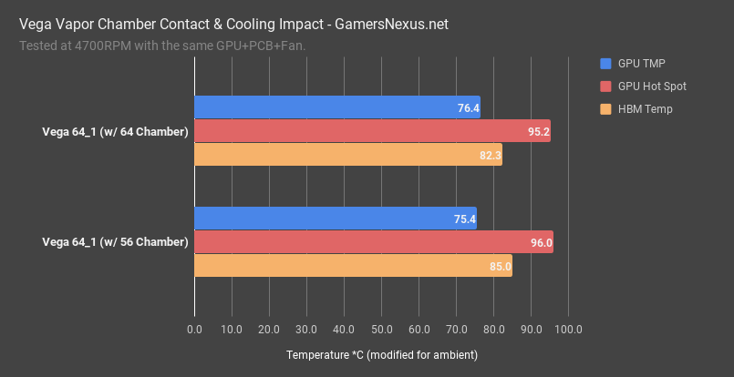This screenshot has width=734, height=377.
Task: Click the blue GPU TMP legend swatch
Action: click(606, 64)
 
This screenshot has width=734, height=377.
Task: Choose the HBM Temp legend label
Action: click(645, 109)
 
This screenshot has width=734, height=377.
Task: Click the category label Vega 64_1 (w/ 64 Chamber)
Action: click(116, 132)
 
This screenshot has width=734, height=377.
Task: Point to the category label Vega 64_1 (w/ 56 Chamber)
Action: click(116, 242)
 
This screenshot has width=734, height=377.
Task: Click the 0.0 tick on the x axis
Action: click(194, 329)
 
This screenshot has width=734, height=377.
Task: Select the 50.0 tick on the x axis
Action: click(381, 329)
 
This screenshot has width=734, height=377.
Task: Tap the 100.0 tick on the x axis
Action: click(568, 329)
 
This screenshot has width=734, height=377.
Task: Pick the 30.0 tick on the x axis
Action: click(306, 329)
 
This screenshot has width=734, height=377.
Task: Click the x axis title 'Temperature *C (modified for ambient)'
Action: click(381, 353)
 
